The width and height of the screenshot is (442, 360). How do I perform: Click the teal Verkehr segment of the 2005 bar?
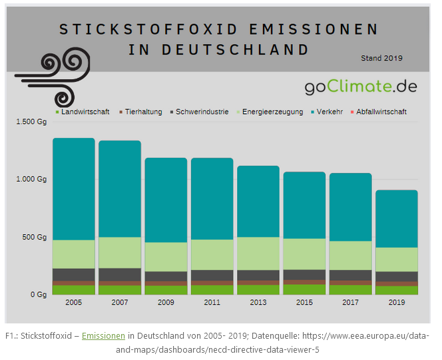pos(73,189)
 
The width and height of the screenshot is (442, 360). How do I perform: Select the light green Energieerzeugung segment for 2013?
pos(258,254)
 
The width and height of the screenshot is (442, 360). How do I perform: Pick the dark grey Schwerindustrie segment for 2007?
pos(120,274)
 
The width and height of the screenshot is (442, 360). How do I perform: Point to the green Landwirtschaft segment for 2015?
pos(304,289)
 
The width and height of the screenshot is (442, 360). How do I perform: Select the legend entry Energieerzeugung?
pos(269,112)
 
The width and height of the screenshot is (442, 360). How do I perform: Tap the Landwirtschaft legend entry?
pos(83,112)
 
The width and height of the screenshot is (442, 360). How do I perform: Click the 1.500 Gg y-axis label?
pos(31,122)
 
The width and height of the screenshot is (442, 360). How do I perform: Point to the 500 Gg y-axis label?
pos(35,237)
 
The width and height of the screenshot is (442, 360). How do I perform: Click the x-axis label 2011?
pos(212,303)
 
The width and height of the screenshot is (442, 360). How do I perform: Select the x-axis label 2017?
pos(350,303)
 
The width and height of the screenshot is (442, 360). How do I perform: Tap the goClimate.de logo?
pos(361,86)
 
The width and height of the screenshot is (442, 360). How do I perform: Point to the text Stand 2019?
pos(381,59)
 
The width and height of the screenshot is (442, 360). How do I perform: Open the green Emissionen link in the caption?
pos(103,336)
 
